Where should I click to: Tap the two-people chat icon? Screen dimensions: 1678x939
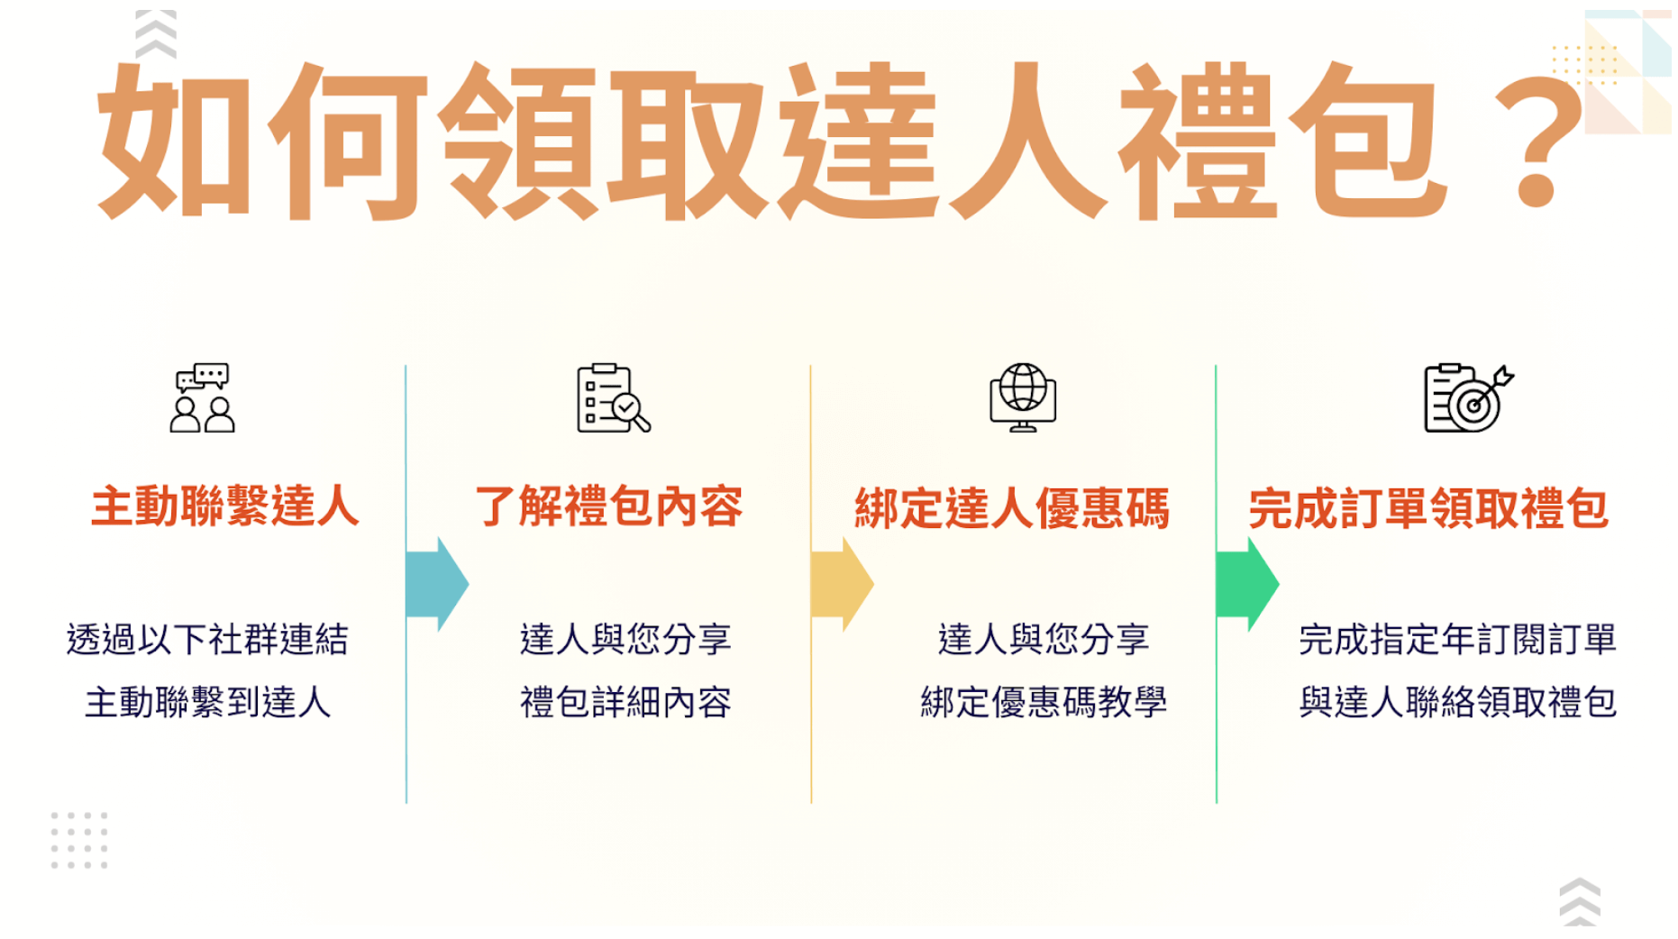(202, 397)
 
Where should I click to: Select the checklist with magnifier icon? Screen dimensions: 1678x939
(613, 397)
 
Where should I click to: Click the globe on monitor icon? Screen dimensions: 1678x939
(1023, 397)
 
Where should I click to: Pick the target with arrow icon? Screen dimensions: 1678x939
(1468, 397)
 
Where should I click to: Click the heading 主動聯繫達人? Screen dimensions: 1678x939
(225, 506)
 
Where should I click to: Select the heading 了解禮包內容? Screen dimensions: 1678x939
(609, 506)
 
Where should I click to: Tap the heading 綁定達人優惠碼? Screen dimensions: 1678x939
(1012, 508)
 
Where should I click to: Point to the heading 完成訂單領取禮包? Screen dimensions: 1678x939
(1428, 508)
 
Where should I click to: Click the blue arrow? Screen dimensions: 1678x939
(438, 584)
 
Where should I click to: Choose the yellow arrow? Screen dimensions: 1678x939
(843, 584)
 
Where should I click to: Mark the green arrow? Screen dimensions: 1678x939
(1248, 584)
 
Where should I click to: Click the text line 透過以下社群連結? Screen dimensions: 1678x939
(207, 639)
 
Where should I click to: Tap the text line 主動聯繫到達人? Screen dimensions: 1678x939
(207, 702)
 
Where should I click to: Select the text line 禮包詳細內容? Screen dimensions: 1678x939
(625, 702)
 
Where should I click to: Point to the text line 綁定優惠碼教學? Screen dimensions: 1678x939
(1044, 702)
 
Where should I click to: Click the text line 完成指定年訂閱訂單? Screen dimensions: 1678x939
(1457, 639)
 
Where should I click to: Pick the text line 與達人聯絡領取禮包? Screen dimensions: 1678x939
(1457, 702)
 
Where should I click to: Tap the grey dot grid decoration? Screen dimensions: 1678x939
(79, 840)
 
